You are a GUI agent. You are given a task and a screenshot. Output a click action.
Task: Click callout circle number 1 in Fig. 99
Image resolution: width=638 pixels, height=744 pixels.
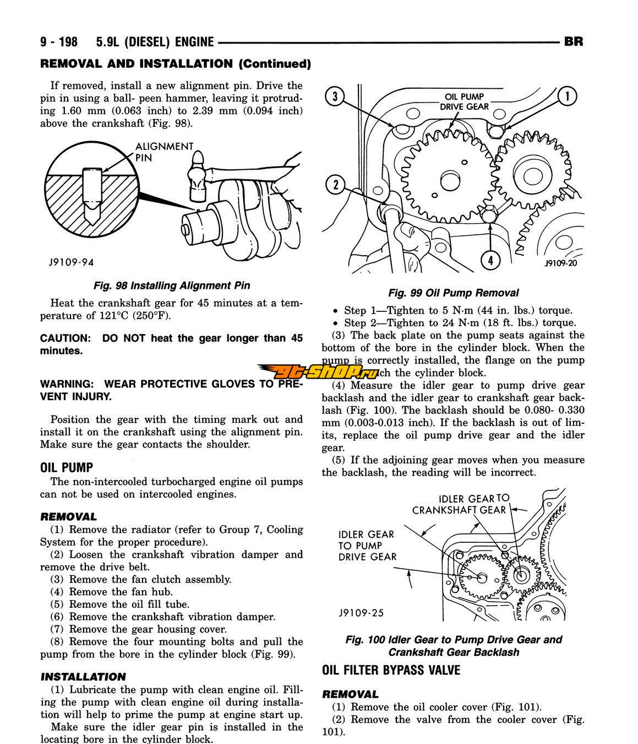coord(567,96)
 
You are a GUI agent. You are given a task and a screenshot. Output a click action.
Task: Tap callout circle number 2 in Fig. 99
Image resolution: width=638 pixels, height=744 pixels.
coord(335,184)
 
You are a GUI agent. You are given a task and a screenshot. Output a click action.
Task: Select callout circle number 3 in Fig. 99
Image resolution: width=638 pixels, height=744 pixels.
coord(335,98)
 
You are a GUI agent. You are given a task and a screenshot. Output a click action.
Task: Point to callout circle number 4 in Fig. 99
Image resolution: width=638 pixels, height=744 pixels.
coord(490,260)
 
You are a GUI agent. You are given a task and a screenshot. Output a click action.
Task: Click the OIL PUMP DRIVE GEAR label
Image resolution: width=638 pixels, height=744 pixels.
coord(463,102)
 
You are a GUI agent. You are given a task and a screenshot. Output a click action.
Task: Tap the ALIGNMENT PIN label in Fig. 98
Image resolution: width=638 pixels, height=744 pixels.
coord(164,152)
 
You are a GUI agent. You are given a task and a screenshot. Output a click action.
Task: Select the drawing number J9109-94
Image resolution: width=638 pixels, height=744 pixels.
coord(67,263)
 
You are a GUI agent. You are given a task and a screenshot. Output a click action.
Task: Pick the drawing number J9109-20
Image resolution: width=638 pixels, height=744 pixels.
coord(561,263)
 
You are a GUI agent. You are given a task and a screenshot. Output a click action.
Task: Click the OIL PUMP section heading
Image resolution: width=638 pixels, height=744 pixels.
coord(67,467)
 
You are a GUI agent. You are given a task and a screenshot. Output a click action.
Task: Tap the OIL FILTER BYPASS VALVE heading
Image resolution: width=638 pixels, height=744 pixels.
coord(391,670)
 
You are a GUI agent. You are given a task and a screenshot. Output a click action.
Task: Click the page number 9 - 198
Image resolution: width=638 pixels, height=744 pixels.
coord(59,42)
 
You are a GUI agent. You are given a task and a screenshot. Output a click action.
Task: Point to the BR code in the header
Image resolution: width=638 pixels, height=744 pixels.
coord(574,42)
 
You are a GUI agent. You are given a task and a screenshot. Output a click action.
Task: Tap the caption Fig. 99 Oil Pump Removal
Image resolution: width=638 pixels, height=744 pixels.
coord(453,293)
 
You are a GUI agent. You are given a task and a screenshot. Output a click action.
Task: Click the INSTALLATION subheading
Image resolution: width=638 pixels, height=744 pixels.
coord(83,676)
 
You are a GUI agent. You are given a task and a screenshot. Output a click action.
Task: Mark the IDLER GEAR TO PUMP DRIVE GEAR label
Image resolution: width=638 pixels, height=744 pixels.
coord(367,545)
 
